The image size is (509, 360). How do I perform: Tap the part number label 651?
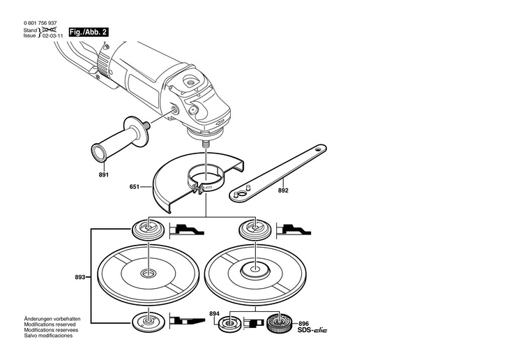click(135, 187)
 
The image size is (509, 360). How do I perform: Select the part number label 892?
click(284, 189)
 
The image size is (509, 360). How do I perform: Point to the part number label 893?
click(81, 277)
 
